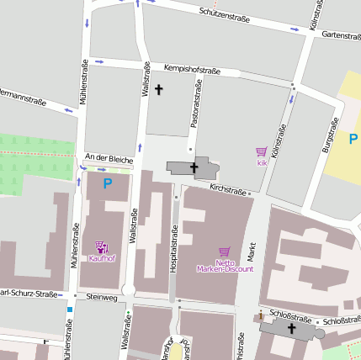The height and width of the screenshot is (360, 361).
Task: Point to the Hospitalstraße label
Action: tap(174, 246)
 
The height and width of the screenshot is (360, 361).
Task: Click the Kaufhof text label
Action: tap(102, 257)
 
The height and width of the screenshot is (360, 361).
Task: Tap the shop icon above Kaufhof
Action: tap(102, 246)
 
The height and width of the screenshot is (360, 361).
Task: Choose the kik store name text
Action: tap(262, 161)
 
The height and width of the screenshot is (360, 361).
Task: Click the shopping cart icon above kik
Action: tap(262, 151)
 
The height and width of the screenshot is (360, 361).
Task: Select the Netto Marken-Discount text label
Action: tap(224, 266)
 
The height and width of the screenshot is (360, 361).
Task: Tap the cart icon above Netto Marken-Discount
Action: tap(224, 251)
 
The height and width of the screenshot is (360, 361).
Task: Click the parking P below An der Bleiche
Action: tap(107, 183)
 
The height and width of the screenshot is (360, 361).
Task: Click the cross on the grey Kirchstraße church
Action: tap(194, 167)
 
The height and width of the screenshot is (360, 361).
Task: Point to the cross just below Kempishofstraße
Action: tap(157, 88)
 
